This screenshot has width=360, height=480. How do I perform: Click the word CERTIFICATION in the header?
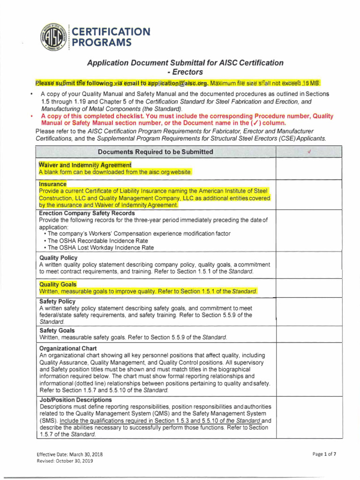coord(111,32)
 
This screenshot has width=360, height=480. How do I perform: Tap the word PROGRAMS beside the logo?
coord(102,43)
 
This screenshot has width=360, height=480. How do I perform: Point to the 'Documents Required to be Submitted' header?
coord(155,152)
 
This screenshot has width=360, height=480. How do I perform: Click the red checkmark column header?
coord(309,152)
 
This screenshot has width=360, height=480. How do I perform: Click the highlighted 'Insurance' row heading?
coord(52,184)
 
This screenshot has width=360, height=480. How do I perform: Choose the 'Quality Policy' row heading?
coord(59,258)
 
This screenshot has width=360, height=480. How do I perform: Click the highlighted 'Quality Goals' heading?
coord(58,285)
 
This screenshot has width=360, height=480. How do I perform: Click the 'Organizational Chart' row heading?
coord(68,349)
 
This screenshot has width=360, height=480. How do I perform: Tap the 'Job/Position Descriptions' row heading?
coord(75,400)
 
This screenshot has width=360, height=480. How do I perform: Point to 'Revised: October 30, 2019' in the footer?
coord(65,461)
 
